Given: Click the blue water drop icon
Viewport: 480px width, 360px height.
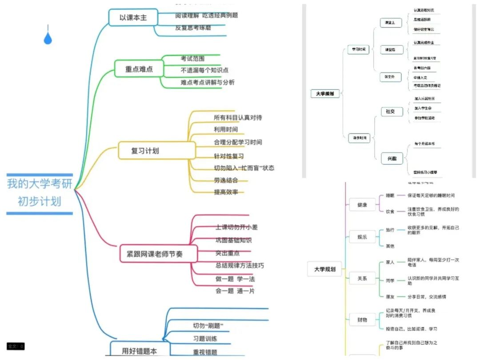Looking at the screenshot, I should (x=48, y=37).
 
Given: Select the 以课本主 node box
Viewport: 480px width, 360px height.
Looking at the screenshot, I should (x=133, y=18).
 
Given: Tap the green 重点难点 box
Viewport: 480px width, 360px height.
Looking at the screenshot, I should (x=139, y=68).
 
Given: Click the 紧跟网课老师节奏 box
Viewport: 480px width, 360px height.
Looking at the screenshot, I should (x=158, y=254).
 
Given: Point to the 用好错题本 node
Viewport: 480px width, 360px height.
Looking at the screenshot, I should (x=140, y=350).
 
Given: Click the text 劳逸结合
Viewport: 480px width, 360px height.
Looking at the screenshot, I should (x=226, y=180).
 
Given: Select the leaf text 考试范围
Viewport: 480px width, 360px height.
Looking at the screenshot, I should (x=192, y=58).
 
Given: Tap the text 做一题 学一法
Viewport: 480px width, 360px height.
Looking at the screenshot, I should (x=235, y=279).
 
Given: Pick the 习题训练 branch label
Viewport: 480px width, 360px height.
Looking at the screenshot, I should (x=205, y=339).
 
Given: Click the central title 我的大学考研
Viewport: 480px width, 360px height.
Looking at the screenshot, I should (x=40, y=184).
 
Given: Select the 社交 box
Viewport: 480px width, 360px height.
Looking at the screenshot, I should (x=390, y=111).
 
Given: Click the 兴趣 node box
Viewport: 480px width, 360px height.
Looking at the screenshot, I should (x=390, y=158).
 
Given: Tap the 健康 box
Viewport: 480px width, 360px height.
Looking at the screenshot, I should (x=362, y=205).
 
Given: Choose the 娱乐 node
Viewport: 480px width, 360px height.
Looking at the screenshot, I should (x=362, y=237).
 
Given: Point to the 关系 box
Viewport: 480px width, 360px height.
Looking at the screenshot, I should (x=362, y=279).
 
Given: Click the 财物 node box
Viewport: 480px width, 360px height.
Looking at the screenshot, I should (x=362, y=320).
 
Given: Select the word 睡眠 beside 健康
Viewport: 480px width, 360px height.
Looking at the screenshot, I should (x=389, y=195).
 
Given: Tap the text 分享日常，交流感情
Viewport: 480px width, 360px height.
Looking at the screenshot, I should (x=427, y=296).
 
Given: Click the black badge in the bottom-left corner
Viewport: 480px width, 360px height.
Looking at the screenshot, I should (x=16, y=346).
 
